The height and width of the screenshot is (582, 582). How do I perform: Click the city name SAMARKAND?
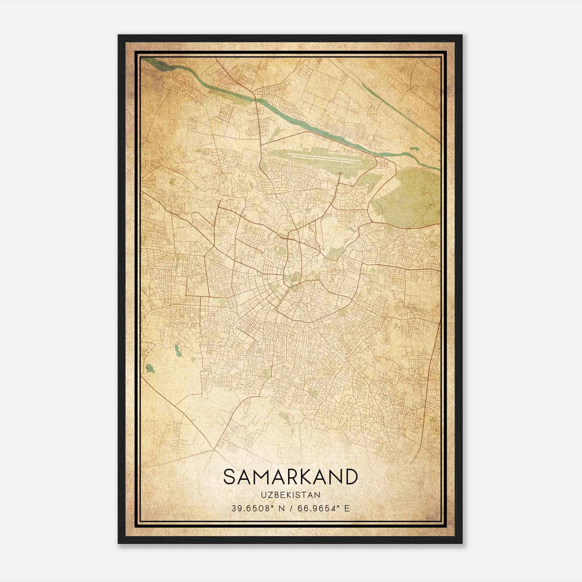290,477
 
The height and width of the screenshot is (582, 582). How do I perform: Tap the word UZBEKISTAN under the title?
290,495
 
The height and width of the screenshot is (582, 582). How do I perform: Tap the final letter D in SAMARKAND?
351,477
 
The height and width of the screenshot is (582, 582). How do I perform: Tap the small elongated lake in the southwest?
177,350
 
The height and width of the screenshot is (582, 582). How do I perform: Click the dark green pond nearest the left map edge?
150,368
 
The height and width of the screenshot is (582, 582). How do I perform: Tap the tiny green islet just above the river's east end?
414,149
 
